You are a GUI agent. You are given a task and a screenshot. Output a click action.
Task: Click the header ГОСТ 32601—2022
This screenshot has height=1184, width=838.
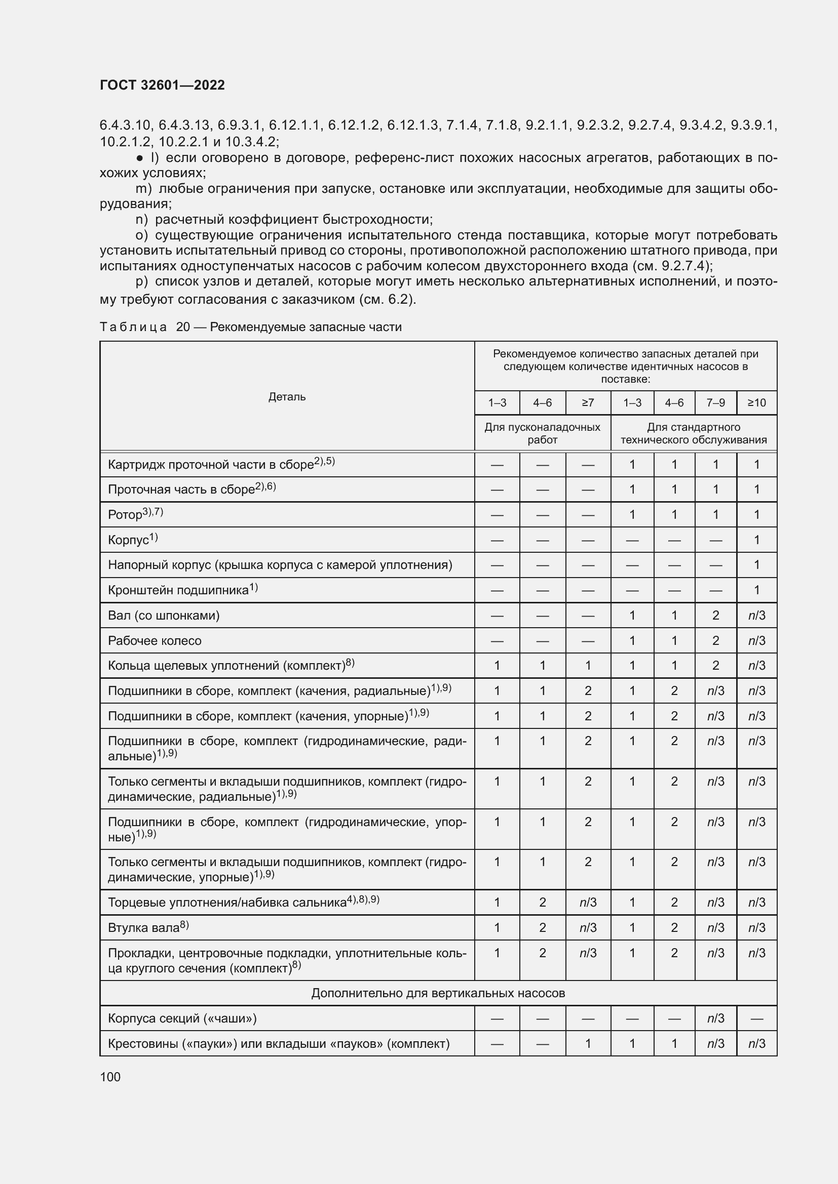tap(162, 85)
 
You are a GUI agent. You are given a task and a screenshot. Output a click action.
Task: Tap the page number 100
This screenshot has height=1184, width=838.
tap(110, 1077)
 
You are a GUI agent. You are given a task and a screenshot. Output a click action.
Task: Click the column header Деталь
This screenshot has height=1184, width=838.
tap(287, 396)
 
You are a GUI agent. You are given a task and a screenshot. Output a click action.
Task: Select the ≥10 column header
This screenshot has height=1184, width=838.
tap(756, 403)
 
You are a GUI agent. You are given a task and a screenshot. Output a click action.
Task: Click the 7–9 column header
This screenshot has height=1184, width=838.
tap(715, 403)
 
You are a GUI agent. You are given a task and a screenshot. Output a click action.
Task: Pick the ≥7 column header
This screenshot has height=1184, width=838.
tap(588, 403)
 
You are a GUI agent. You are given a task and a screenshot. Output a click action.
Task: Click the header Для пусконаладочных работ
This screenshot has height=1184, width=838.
tap(542, 433)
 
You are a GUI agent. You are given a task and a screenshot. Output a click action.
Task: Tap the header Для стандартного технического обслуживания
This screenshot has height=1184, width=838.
tap(694, 433)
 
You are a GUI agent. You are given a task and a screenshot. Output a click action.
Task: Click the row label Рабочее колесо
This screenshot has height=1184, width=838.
tap(155, 640)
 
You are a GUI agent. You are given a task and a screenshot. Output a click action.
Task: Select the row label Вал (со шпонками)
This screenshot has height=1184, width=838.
tap(164, 615)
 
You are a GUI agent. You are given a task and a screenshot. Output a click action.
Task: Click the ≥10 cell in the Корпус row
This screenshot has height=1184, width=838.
tap(756, 540)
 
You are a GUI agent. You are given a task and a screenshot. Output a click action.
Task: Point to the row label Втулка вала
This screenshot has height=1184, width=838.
tap(148, 928)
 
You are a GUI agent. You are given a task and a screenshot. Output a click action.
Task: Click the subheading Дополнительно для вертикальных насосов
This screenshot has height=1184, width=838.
tap(438, 993)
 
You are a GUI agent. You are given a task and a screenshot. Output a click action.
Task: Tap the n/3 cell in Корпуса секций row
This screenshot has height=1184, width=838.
tap(715, 1018)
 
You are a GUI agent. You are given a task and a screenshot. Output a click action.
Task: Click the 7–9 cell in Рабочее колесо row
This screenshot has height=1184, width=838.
tap(715, 640)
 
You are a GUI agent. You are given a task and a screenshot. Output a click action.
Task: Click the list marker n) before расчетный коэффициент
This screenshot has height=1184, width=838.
tap(141, 220)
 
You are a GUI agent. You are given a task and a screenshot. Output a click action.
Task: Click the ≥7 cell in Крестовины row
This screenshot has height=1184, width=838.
tap(588, 1044)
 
